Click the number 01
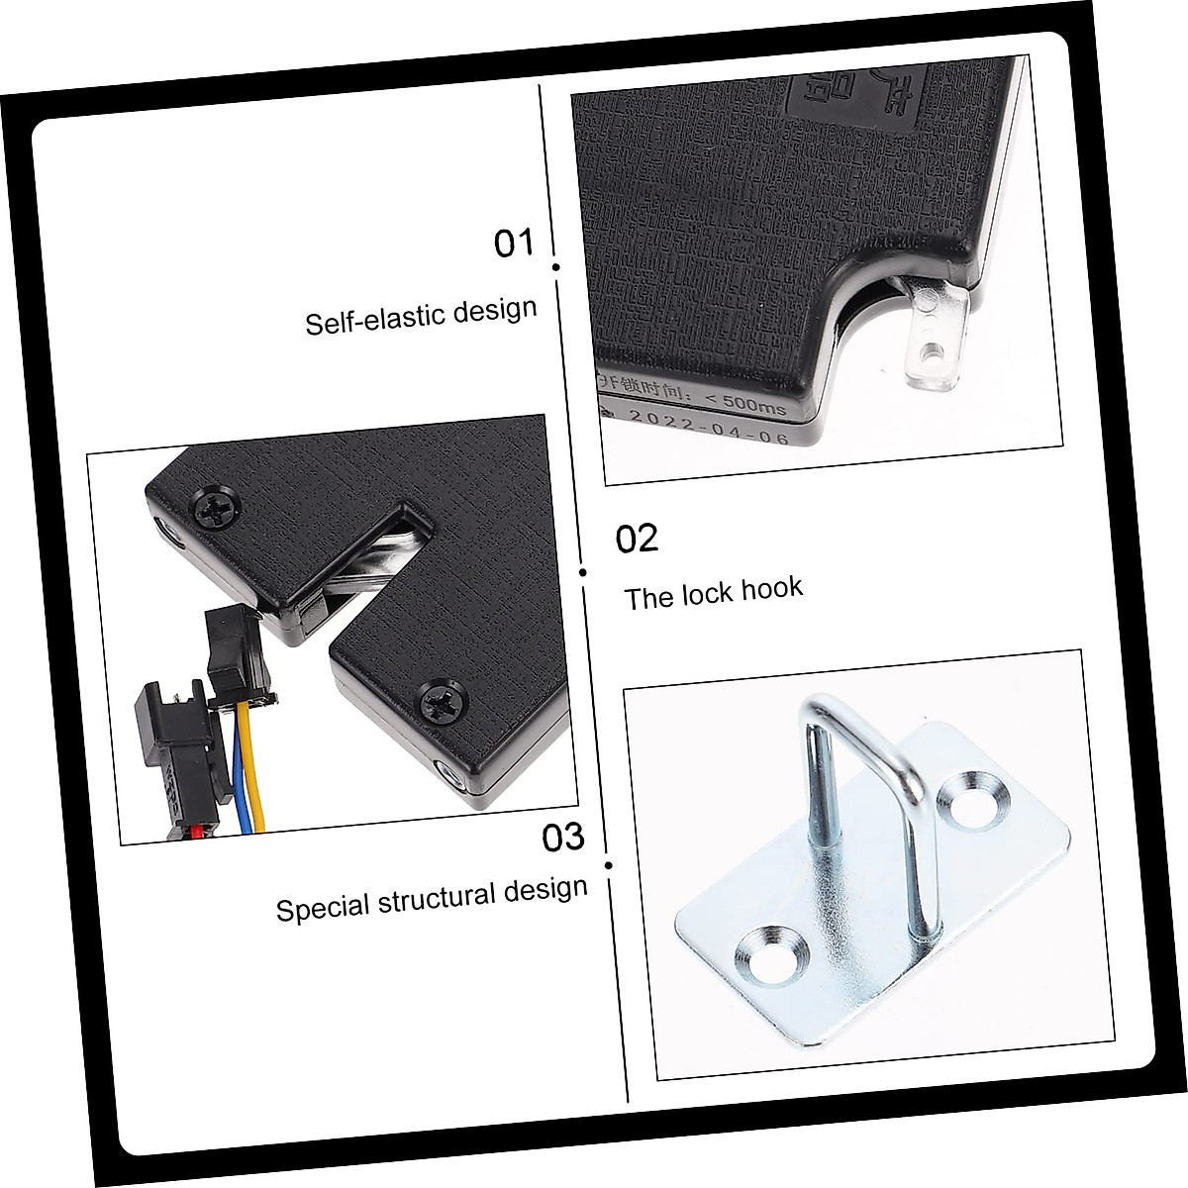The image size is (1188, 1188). (514, 243)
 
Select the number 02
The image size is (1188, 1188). (637, 539)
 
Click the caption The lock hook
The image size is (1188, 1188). (714, 593)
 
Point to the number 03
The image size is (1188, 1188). (563, 838)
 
